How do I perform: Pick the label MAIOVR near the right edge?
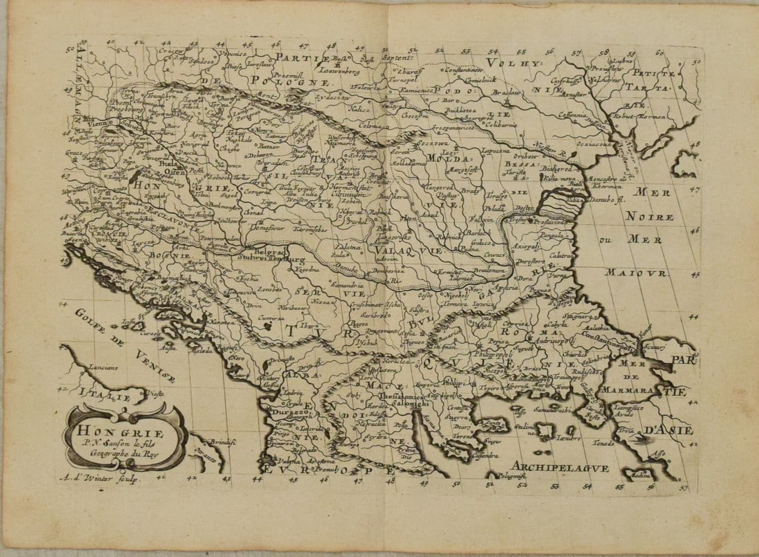[x=636, y=273]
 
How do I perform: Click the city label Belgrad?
[x=270, y=253]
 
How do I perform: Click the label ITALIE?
[x=104, y=395]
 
